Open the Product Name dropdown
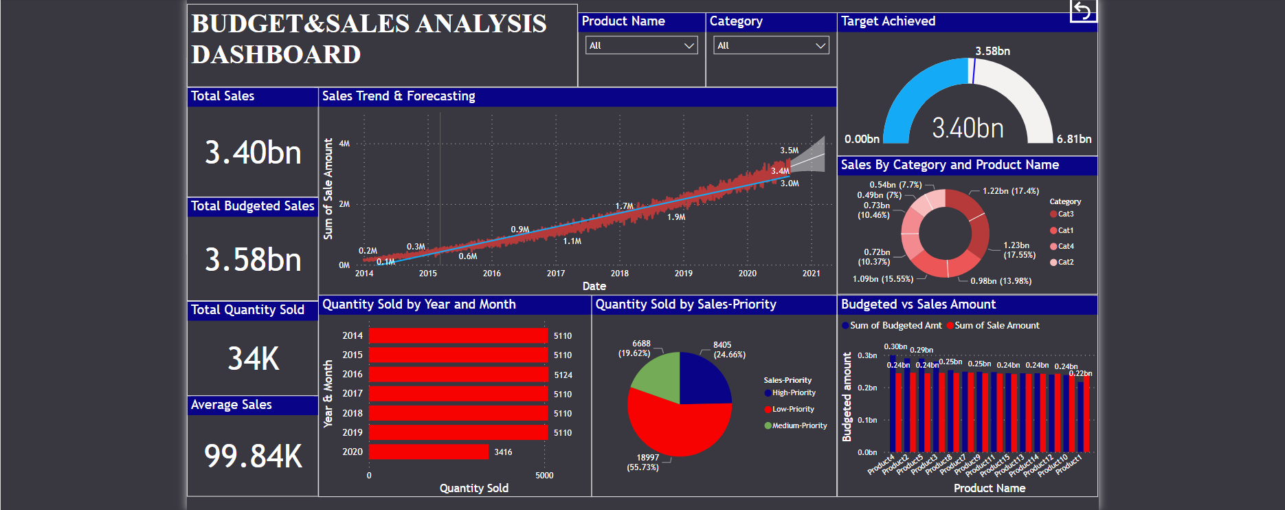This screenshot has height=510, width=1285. coord(641,45)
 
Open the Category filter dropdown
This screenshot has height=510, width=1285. coord(770,45)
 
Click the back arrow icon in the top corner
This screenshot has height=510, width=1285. coord(1082,10)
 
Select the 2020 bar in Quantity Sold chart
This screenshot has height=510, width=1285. coord(428,452)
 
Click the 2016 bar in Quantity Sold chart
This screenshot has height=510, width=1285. coord(458,375)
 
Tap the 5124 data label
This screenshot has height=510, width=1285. coord(563,375)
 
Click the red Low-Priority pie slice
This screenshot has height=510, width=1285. coord(677,426)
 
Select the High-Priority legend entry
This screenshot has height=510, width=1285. coord(793,393)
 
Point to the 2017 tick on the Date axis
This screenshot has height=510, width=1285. coord(555,274)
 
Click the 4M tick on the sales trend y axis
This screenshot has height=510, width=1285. coord(344,144)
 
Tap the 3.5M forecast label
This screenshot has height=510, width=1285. coord(789,151)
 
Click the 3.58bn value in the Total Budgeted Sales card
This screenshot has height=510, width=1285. coord(253,260)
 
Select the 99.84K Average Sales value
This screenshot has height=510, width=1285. coord(253,456)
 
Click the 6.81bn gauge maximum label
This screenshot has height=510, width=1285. coord(1073,139)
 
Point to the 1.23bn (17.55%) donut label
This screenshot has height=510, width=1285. coord(1018,250)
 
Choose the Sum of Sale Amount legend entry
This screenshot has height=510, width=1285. coord(996,326)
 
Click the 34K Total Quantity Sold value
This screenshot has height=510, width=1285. coord(253,359)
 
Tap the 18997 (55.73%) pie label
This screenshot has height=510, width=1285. coord(643,463)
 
